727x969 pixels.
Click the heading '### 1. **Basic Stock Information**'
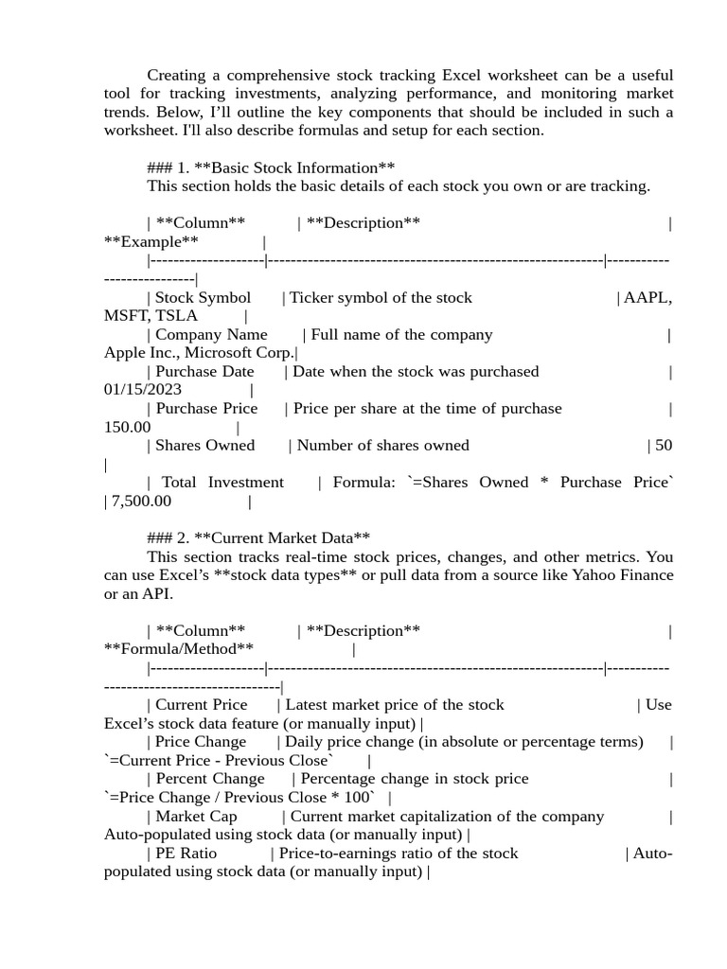click(x=271, y=167)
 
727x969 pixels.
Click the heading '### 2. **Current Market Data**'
click(x=258, y=538)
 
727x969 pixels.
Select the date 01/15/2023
click(x=143, y=390)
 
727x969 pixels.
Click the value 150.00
click(x=127, y=427)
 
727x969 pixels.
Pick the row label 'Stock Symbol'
click(x=203, y=298)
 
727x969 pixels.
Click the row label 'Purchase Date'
click(x=204, y=372)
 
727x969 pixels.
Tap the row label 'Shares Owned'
click(x=204, y=446)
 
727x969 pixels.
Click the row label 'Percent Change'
click(x=210, y=779)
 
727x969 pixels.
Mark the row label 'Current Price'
click(x=201, y=705)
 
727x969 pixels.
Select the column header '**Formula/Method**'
click(x=179, y=649)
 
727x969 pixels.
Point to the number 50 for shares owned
click(x=664, y=446)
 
